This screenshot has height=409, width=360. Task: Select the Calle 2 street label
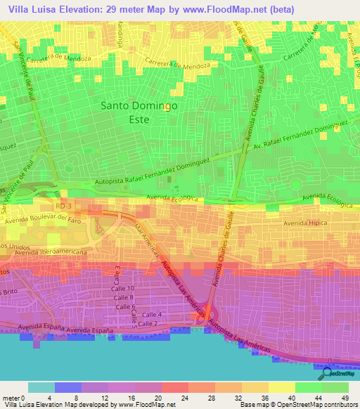(x=148, y=323)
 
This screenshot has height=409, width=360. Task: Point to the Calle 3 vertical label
(x=109, y=273)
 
